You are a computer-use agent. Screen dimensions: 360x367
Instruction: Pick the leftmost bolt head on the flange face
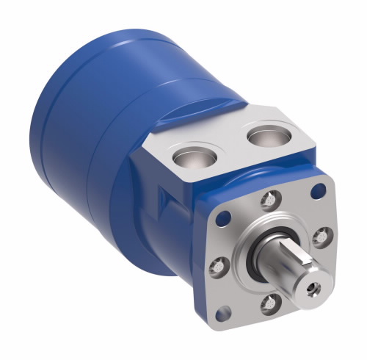[217, 266]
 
